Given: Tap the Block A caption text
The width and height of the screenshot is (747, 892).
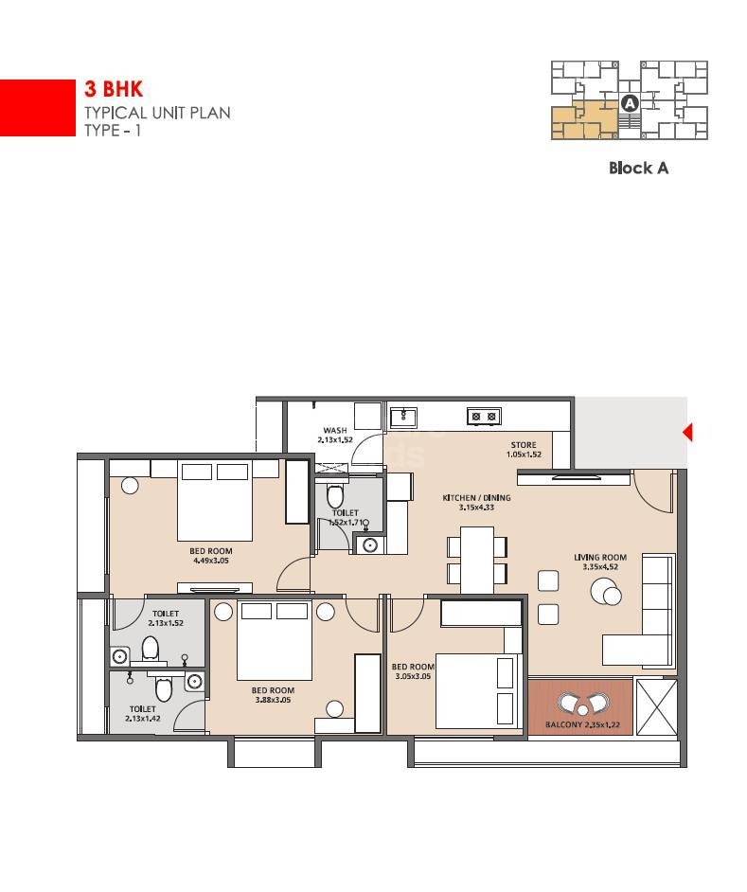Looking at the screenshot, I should (x=638, y=168).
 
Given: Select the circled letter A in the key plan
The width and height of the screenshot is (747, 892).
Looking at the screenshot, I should (x=629, y=104).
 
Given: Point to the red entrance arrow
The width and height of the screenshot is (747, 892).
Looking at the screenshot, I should (x=688, y=433).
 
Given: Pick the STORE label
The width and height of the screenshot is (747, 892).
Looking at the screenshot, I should (x=524, y=445).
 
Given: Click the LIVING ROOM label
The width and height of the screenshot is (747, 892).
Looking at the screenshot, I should (x=600, y=557).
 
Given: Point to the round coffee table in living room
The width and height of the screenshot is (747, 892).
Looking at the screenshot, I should (x=605, y=593).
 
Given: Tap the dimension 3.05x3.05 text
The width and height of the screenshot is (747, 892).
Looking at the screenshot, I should (x=412, y=676).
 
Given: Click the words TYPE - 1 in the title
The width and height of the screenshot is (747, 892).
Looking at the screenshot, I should (x=113, y=131).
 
